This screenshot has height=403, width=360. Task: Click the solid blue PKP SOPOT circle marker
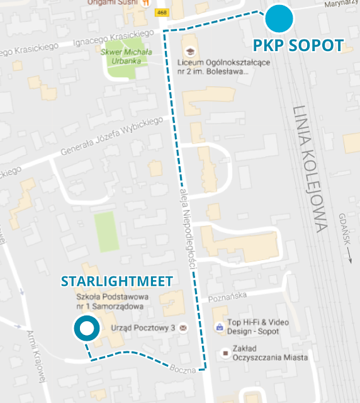(279, 18)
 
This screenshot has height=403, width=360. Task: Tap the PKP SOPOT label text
(298, 45)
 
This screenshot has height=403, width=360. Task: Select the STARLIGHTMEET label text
(116, 281)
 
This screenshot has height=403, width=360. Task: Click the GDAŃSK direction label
(347, 236)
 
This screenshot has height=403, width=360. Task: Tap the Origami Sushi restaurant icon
(146, 3)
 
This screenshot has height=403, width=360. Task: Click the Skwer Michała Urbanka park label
(127, 55)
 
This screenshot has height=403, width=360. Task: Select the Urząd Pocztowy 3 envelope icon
(183, 329)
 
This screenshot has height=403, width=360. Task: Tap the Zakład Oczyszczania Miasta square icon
(225, 354)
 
